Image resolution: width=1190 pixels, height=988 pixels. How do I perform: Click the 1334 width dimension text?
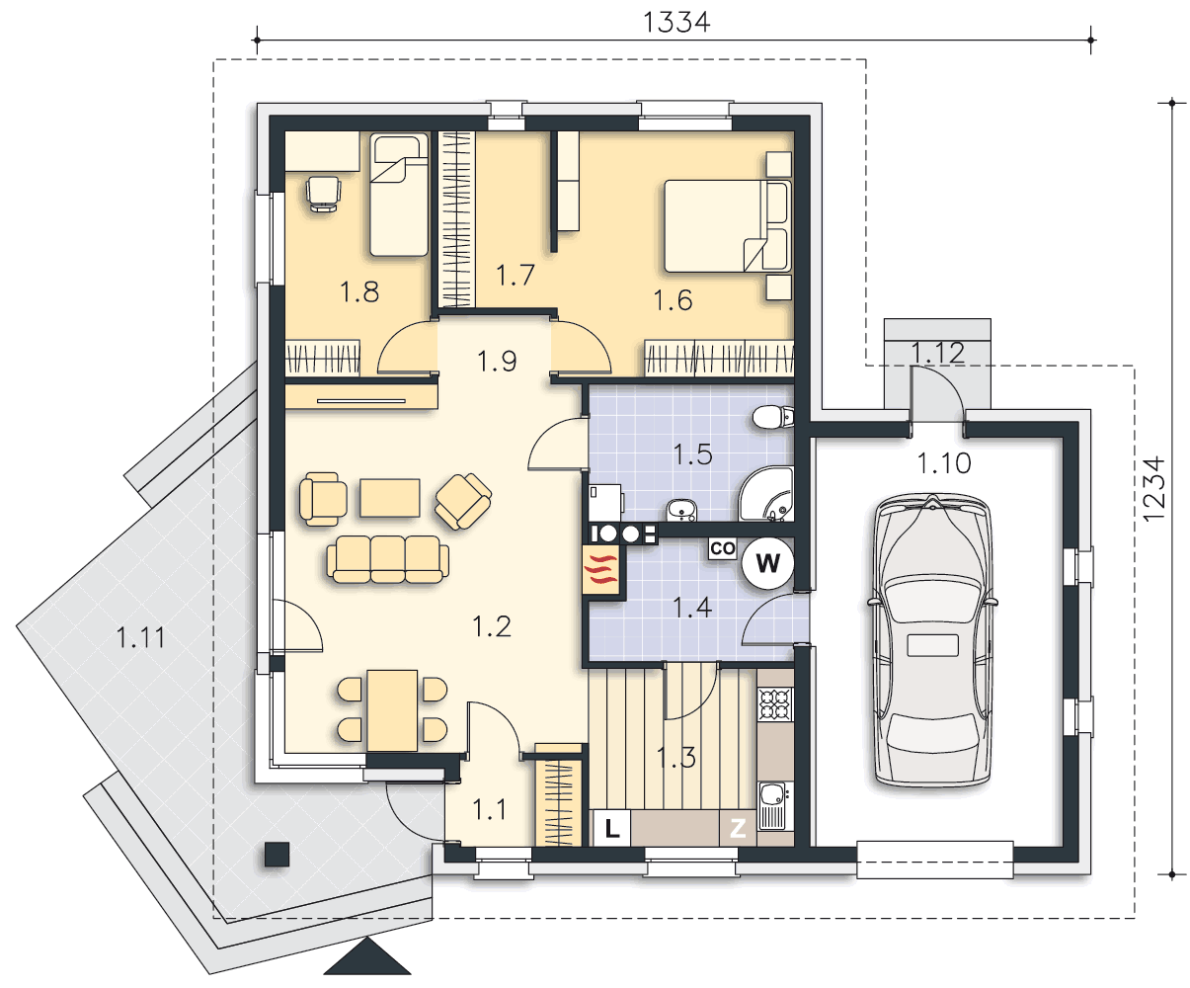[676, 23]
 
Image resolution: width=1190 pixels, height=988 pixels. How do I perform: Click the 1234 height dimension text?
[1154, 489]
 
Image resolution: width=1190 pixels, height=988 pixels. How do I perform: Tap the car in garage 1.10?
[932, 640]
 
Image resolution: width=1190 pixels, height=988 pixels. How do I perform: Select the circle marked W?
[767, 563]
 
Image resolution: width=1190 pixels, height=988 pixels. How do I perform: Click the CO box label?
[723, 548]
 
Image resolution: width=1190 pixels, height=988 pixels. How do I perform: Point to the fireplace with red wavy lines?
[601, 570]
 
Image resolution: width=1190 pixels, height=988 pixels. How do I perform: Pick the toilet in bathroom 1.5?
[772, 417]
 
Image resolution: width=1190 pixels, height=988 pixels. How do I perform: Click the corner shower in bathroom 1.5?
[766, 494]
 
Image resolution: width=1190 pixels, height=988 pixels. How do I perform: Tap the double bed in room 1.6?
[728, 225]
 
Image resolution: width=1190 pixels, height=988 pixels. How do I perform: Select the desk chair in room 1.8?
[323, 194]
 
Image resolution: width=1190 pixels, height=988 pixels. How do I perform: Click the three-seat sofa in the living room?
[387, 558]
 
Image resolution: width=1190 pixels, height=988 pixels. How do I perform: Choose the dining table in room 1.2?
[392, 710]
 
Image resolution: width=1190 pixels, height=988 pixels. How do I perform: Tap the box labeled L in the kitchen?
[611, 828]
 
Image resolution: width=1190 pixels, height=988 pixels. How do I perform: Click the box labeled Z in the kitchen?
[738, 828]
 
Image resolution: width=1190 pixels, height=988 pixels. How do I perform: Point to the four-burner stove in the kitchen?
[775, 704]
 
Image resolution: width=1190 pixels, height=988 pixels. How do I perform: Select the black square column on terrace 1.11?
[277, 855]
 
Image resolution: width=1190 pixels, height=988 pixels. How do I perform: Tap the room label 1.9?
[497, 361]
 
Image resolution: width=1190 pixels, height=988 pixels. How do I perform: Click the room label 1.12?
[937, 353]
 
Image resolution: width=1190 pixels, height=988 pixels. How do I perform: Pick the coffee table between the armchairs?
[390, 498]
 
